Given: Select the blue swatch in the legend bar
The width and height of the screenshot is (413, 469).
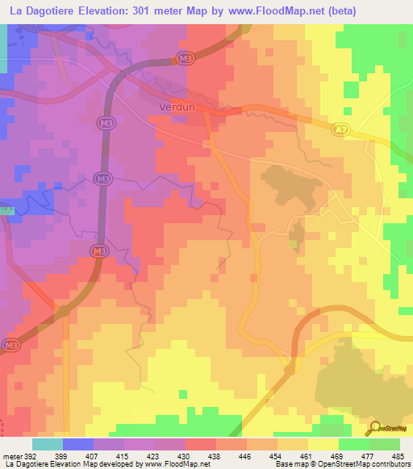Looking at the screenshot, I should click(77, 444).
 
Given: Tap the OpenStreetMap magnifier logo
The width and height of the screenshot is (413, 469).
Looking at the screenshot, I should click(373, 428).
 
